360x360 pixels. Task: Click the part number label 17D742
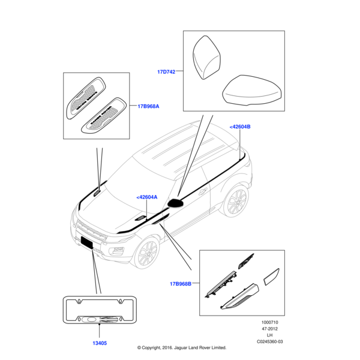coord(166,72)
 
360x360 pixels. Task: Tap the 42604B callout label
coord(240,127)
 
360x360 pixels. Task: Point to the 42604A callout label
coord(146,197)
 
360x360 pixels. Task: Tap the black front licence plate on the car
coord(87,242)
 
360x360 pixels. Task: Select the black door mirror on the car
coord(176,202)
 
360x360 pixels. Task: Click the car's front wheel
coord(146,254)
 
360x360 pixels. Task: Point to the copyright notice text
coord(181,347)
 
